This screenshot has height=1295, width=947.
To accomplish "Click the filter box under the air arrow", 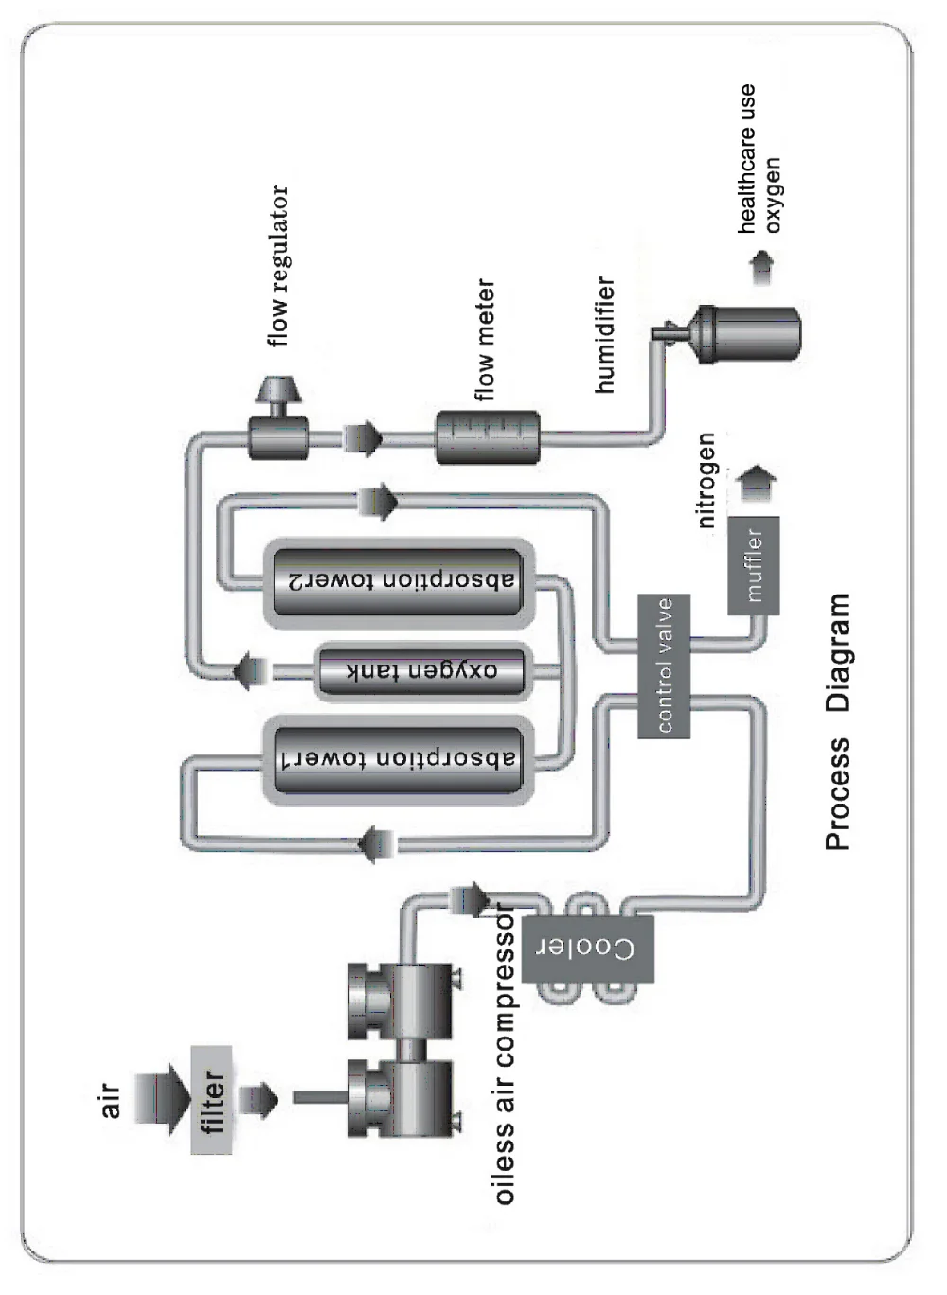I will click(x=212, y=1100).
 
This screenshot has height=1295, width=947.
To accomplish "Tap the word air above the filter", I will click(x=110, y=1100).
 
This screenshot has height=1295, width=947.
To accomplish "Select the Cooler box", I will click(x=587, y=949).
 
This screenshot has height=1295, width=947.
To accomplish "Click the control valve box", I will click(x=664, y=666).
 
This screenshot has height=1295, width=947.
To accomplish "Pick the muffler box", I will click(x=754, y=565).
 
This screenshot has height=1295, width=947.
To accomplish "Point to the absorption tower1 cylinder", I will click(x=398, y=760).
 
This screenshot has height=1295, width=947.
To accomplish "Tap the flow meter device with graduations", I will click(x=488, y=437).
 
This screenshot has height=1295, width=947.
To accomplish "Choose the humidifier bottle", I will click(x=748, y=333).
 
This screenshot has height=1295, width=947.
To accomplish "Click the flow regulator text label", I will click(x=278, y=266).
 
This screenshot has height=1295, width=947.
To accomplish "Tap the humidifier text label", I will click(x=605, y=335).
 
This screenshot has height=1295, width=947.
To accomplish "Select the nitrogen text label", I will click(x=706, y=480).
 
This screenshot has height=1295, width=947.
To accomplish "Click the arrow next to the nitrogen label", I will click(x=758, y=483).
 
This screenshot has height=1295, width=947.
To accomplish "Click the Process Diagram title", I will click(x=838, y=723).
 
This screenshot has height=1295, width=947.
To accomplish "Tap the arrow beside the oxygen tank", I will click(x=251, y=670).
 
